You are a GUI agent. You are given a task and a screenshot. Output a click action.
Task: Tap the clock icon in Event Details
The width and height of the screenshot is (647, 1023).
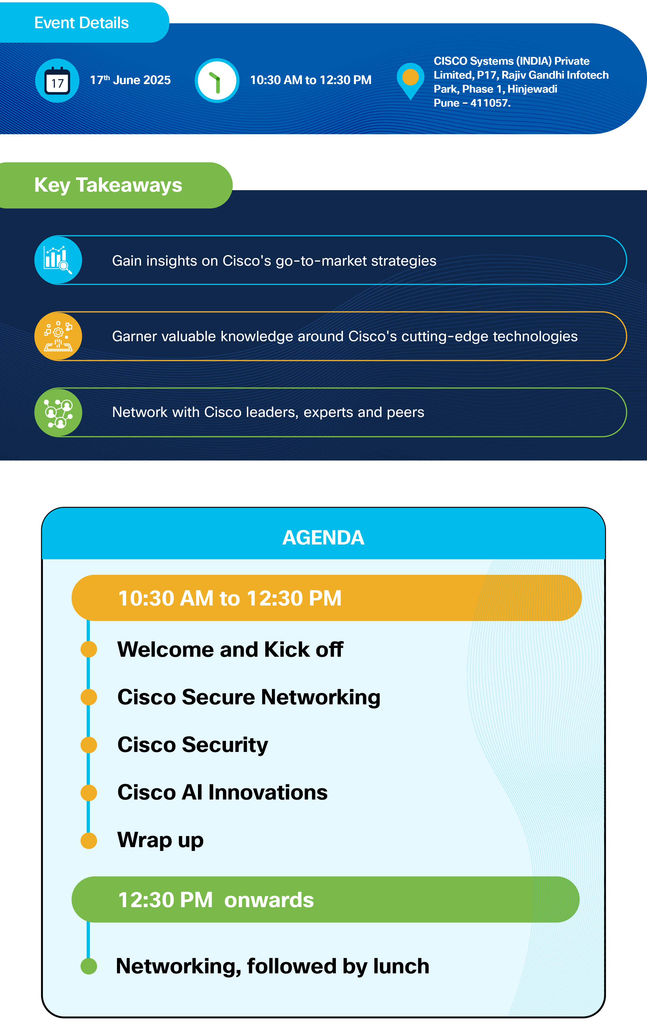click(x=217, y=80)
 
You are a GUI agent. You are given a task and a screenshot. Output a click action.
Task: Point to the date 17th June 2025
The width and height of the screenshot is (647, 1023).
click(x=130, y=80)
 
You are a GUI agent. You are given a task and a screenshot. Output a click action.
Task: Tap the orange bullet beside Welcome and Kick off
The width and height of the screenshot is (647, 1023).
click(x=89, y=649)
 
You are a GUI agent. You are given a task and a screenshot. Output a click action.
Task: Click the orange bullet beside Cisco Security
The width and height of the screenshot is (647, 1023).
click(x=89, y=745)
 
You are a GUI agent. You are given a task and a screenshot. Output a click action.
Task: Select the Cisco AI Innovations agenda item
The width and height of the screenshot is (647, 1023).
click(x=222, y=792)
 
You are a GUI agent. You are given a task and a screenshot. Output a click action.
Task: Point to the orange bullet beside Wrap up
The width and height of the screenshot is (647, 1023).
click(x=89, y=840)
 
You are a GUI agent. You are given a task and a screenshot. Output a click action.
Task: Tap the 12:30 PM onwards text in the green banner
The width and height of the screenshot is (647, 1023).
click(x=216, y=900)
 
